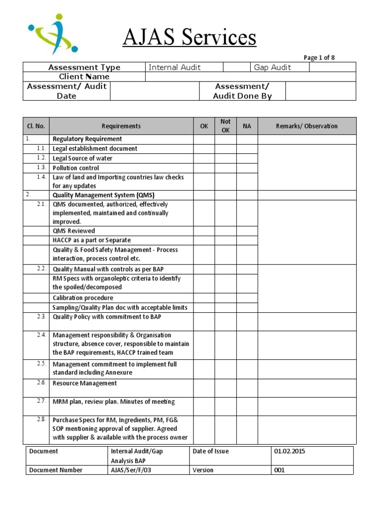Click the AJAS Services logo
pyautogui.click(x=53, y=34)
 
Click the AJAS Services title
pyautogui.click(x=189, y=38)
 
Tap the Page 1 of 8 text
pyautogui.click(x=319, y=57)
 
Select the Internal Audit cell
pyautogui.click(x=175, y=67)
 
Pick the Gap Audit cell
pyautogui.click(x=272, y=67)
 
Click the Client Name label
pyautogui.click(x=84, y=77)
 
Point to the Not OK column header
pyautogui.click(x=226, y=126)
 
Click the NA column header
pyautogui.click(x=247, y=126)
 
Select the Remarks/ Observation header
pyautogui.click(x=306, y=126)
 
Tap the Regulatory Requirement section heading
pyautogui.click(x=87, y=139)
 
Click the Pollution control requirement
pyautogui.click(x=76, y=168)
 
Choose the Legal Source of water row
pyautogui.click(x=82, y=158)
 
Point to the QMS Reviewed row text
pyautogui.click(x=74, y=231)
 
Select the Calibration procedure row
pyautogui.click(x=83, y=297)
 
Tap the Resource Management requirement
pyautogui.click(x=85, y=383)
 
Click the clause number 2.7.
pyautogui.click(x=41, y=401)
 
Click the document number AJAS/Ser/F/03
pyautogui.click(x=131, y=470)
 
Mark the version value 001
pyautogui.click(x=279, y=470)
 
